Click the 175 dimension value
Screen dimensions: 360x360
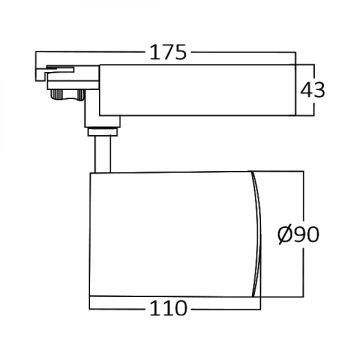click(x=167, y=52)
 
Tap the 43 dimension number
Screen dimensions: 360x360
click(x=312, y=90)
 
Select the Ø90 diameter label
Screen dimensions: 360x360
click(x=299, y=234)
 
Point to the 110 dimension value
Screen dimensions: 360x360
click(x=168, y=309)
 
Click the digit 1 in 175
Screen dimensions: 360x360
click(x=153, y=52)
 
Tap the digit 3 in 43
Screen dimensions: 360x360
click(x=319, y=90)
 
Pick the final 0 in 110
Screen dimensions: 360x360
click(x=180, y=309)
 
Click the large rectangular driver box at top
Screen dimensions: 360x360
click(x=198, y=90)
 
